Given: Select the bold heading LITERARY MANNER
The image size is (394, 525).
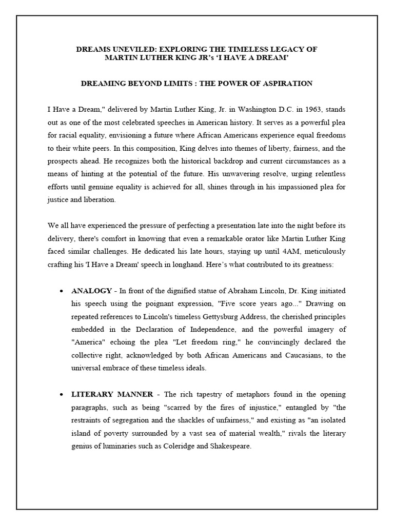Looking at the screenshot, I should coord(112,394).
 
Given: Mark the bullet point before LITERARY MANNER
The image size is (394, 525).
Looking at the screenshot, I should coord(62,395).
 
